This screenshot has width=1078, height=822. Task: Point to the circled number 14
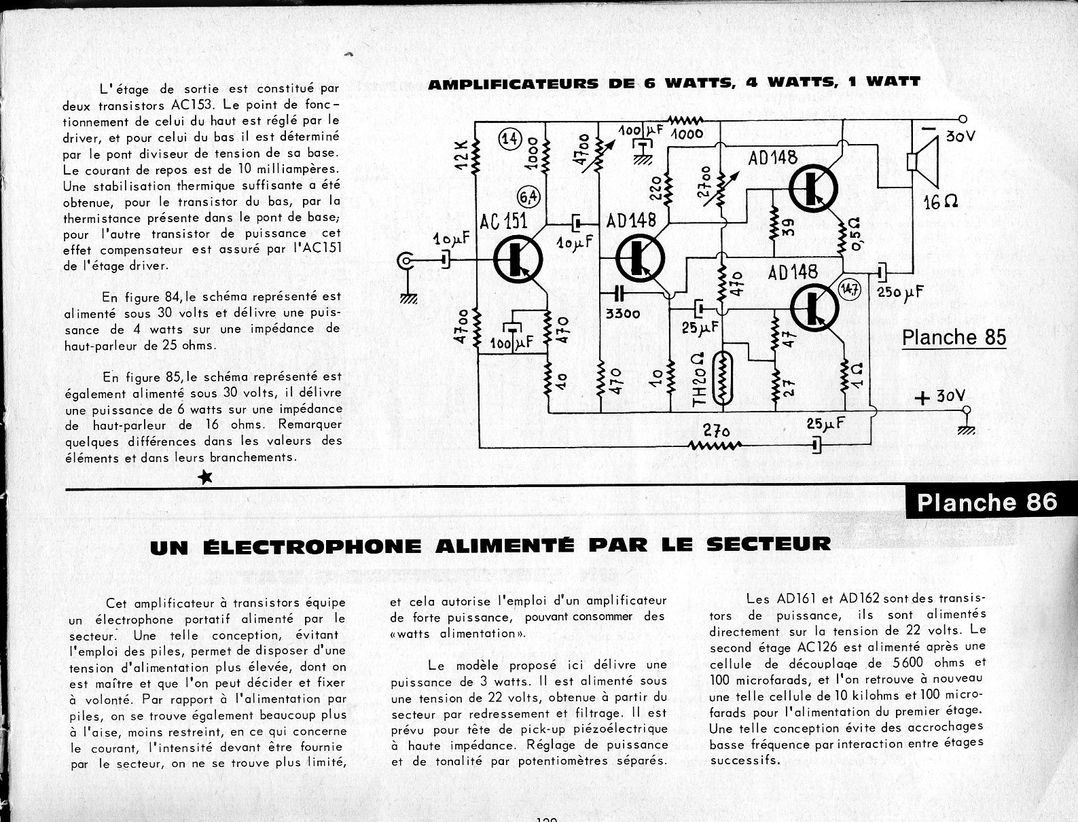(x=509, y=139)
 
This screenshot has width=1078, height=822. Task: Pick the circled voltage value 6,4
(x=528, y=197)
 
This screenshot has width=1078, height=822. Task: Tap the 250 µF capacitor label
(x=901, y=292)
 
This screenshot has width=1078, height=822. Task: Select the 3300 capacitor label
(x=623, y=314)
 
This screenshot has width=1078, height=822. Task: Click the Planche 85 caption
(x=954, y=338)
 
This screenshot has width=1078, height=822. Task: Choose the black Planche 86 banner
(x=987, y=502)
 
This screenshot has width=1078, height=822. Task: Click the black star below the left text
(x=205, y=478)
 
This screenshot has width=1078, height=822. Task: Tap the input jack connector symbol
(x=408, y=260)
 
